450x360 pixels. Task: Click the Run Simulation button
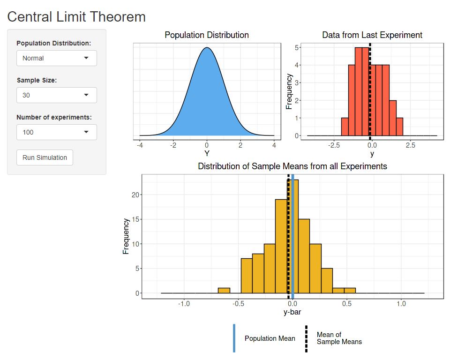[45, 157]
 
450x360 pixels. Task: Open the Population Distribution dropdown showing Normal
[56, 58]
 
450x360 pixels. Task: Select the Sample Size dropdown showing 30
[56, 95]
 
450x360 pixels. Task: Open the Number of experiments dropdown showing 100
[56, 132]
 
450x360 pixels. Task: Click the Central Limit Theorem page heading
[76, 17]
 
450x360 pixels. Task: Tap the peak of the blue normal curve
[207, 48]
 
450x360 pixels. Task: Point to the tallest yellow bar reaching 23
[295, 234]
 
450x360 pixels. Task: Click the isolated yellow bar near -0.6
[224, 291]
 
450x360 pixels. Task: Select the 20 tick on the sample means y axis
[134, 195]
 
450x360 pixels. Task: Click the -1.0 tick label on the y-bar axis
[184, 304]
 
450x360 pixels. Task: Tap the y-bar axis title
[292, 312]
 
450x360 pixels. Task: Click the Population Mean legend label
[270, 338]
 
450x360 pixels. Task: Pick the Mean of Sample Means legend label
[339, 338]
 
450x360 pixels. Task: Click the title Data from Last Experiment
[372, 35]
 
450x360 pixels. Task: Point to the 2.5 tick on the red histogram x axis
[410, 146]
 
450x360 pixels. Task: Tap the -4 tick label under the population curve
[140, 146]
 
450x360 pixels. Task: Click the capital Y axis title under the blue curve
[207, 153]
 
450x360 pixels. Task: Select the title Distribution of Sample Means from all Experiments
[292, 166]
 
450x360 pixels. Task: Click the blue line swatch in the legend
[234, 338]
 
